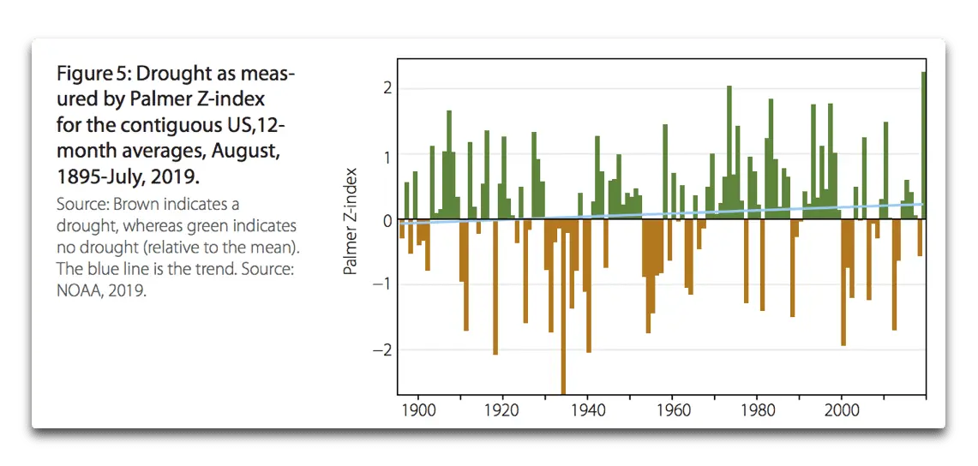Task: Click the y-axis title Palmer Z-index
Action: [x=350, y=221]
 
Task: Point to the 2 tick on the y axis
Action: [x=387, y=88]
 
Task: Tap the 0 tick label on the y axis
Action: [x=387, y=220]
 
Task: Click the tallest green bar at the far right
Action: [x=923, y=146]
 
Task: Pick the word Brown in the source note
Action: [x=124, y=206]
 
